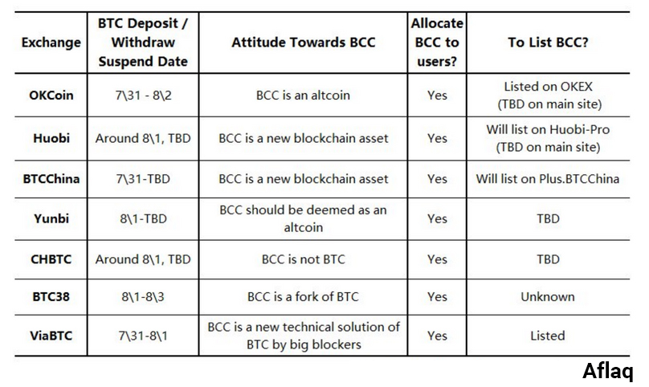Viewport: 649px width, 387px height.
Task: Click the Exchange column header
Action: click(x=51, y=43)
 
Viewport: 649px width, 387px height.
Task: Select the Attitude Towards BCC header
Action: click(x=303, y=43)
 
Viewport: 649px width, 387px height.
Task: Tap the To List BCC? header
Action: click(x=548, y=43)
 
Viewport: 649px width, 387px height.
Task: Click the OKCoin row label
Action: click(x=51, y=96)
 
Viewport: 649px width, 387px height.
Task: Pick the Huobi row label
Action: click(x=51, y=138)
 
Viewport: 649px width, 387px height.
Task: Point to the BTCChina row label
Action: click(x=51, y=179)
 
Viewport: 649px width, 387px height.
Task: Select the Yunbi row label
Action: click(x=51, y=218)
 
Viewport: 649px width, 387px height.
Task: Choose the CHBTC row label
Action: click(x=51, y=259)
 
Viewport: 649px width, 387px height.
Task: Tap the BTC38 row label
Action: click(x=51, y=297)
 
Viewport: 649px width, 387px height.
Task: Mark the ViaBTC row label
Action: click(x=51, y=336)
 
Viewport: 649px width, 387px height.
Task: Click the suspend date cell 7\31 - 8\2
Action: click(x=143, y=96)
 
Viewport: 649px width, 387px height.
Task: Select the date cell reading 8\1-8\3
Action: click(x=143, y=297)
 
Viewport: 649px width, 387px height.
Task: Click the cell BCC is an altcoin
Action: click(x=303, y=96)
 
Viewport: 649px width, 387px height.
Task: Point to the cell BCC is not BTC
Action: click(x=303, y=259)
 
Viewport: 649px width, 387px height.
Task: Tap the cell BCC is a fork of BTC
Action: click(x=303, y=297)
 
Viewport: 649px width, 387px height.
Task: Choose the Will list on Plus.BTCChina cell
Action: click(x=548, y=179)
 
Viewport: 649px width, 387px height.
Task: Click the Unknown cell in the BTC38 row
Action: click(x=548, y=297)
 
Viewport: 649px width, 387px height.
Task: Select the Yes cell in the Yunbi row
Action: click(x=437, y=218)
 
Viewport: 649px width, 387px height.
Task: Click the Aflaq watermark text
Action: click(x=607, y=370)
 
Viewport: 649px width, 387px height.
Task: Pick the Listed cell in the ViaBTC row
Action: click(x=548, y=336)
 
